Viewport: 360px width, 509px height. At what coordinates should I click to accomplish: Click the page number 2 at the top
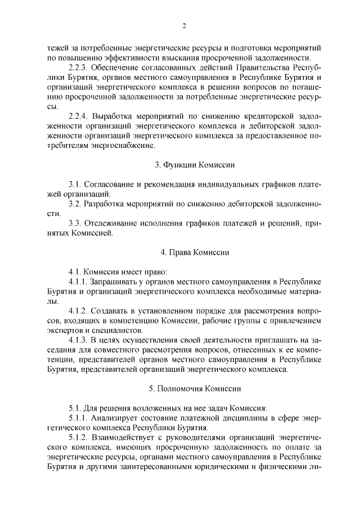pos(184,26)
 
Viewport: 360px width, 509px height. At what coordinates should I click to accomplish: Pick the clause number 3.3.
pos(75,223)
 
